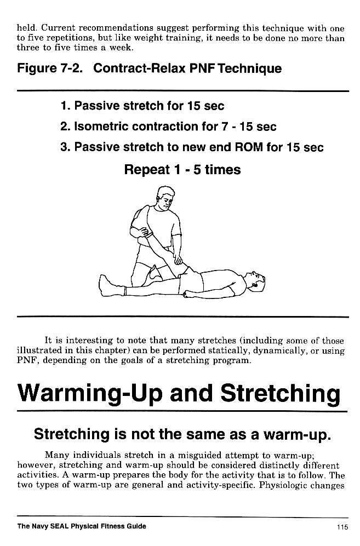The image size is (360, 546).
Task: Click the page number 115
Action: pos(342,527)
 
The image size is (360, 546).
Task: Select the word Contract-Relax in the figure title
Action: pos(139,68)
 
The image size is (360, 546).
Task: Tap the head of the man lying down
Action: pos(255,280)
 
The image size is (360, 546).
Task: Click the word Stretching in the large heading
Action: pos(281,393)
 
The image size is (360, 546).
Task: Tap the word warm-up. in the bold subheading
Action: pos(296,435)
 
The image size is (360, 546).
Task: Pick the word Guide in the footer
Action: pos(138,526)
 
